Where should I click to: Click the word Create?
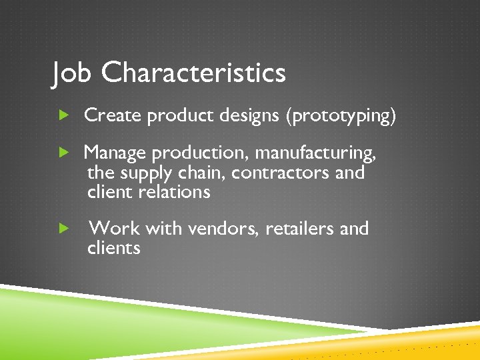[x=113, y=116]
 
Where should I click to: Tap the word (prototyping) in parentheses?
[x=340, y=117]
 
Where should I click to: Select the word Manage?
[x=115, y=153]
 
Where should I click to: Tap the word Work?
[x=114, y=229]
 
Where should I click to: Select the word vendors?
[x=223, y=229]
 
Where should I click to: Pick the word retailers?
[x=300, y=229]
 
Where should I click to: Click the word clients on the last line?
[x=113, y=248]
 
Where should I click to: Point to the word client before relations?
[x=110, y=192]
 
